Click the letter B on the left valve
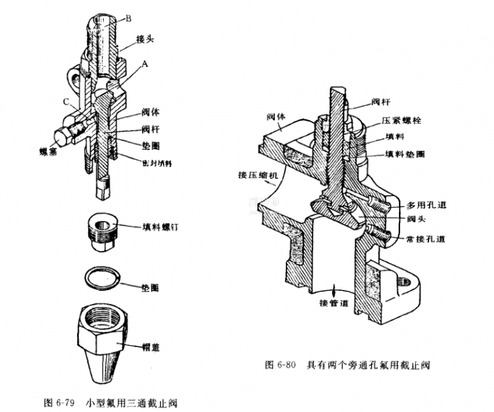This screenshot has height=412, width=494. point(128,19)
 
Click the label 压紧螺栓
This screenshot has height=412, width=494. point(402,122)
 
